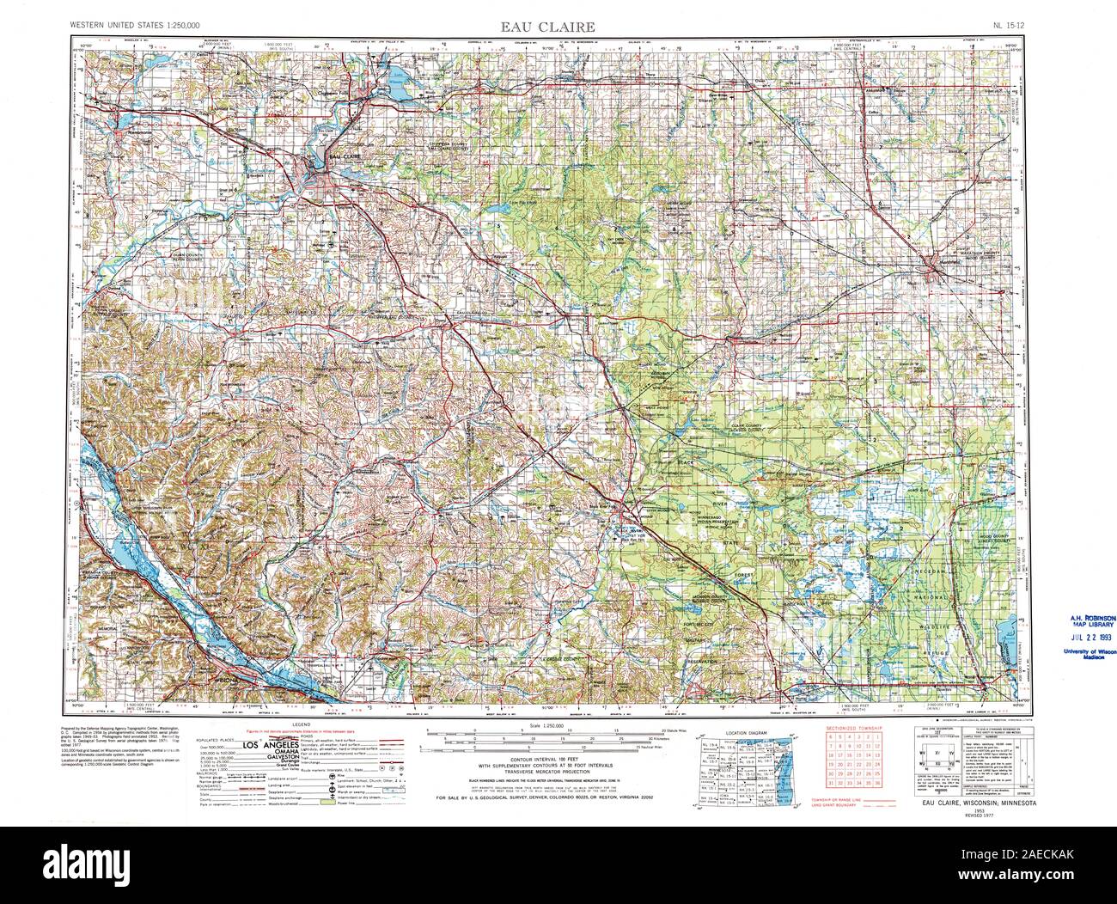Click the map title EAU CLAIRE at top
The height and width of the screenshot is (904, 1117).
(x=558, y=26)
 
